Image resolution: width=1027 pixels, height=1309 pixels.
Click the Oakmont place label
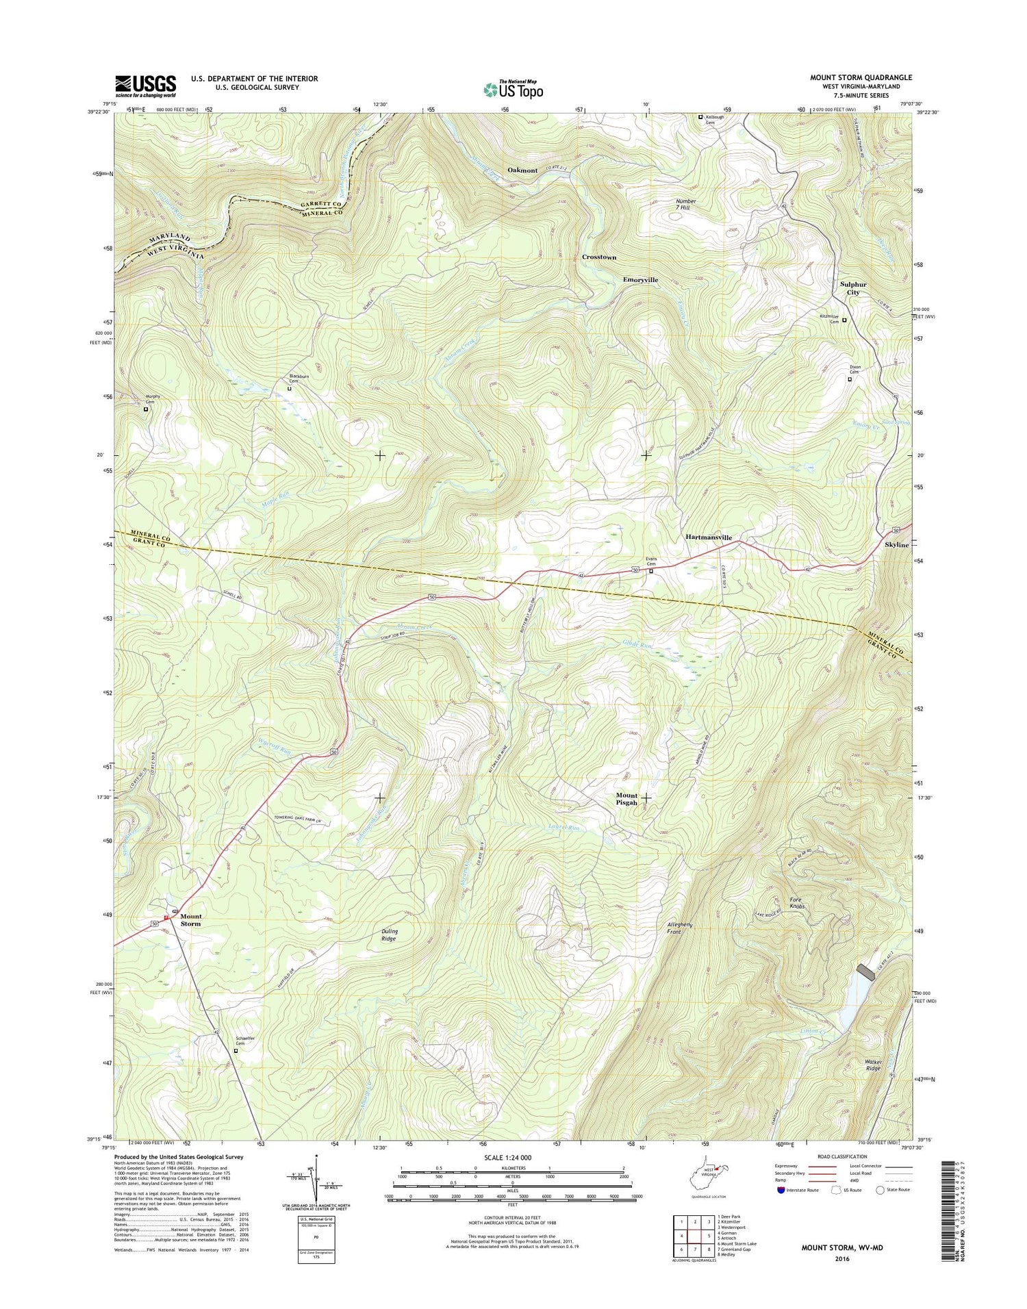[x=522, y=170]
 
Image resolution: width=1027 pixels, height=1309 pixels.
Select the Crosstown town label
[x=599, y=257]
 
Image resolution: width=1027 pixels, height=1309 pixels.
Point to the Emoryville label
[x=640, y=280]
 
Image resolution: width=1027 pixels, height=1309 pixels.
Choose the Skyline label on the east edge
[x=897, y=545]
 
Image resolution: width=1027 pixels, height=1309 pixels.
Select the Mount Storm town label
[x=190, y=920]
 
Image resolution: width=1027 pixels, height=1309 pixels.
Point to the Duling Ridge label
[x=388, y=935]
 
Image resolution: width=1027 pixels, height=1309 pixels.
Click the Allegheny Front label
[x=680, y=928]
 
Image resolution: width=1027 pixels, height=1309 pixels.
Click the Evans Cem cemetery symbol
[x=651, y=572]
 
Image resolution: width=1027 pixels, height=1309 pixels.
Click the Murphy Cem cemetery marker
[x=145, y=409]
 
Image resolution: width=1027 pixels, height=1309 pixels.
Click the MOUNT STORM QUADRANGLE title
[x=861, y=78]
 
